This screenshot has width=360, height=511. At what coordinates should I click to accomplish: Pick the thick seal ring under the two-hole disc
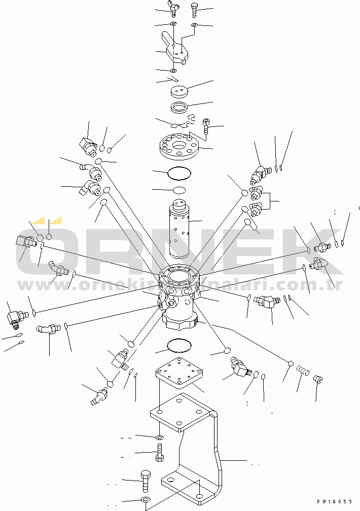click(179, 108)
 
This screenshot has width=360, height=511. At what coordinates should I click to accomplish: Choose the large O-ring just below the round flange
click(179, 174)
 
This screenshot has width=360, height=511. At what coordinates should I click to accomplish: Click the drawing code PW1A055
click(335, 502)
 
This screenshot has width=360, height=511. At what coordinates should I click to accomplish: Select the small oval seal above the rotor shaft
click(179, 190)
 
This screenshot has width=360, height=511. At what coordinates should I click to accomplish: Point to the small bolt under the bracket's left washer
click(160, 452)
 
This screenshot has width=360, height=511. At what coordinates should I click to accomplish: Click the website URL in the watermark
click(179, 285)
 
